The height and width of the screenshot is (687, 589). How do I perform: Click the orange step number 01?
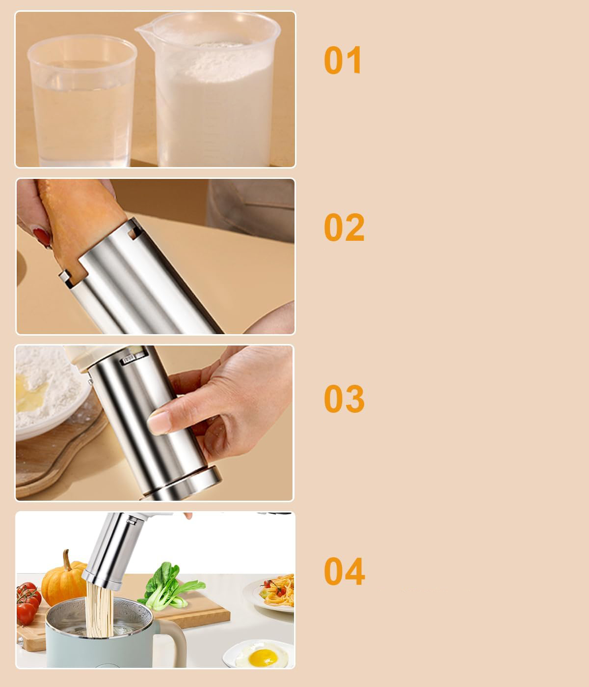[x=343, y=60]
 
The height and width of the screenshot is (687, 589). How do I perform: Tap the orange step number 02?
[x=344, y=228]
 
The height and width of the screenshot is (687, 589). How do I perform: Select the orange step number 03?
[x=344, y=399]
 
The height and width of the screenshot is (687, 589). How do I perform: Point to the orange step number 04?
[x=344, y=572]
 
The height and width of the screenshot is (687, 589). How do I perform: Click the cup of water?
[x=81, y=101]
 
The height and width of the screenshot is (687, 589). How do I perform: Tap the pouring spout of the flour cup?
[x=142, y=30]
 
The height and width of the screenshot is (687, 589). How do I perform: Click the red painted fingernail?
[x=42, y=237]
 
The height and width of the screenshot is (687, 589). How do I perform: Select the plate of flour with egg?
[x=50, y=392]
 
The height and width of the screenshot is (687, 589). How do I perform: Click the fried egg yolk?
[x=263, y=658]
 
